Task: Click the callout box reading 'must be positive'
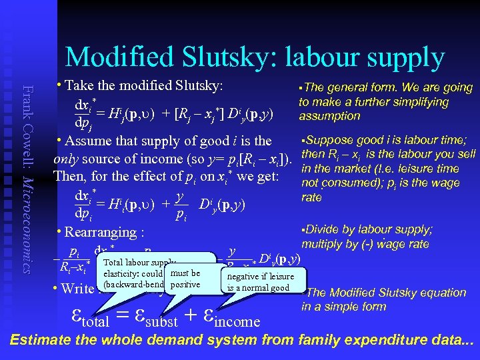[185, 279]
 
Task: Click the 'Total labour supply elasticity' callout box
[133, 273]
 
